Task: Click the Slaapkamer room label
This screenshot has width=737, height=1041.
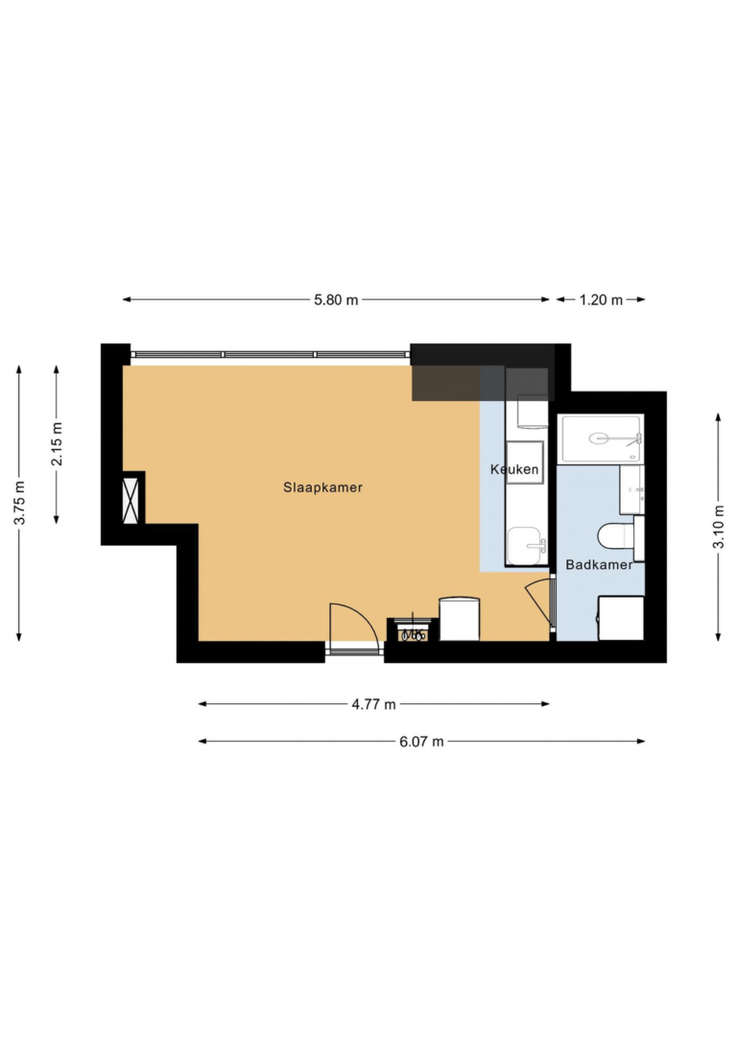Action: point(322,487)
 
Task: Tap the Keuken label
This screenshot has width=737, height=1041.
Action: point(514,469)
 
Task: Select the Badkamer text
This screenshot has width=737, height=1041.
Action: point(599,564)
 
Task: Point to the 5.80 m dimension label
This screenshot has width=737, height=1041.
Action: point(336,300)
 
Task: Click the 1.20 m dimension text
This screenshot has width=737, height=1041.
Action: point(601,300)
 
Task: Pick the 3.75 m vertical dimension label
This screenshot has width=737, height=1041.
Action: point(20,503)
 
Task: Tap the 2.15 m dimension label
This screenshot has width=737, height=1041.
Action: point(58,444)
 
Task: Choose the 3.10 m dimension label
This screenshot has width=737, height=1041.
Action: point(719,527)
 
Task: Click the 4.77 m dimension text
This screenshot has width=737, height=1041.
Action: point(374,704)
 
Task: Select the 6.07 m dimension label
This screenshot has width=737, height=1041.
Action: point(421,742)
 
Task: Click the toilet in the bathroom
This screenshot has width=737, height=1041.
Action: point(615,536)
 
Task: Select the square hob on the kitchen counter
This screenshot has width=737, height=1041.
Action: point(525,461)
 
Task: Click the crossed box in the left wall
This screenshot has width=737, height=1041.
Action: point(131,500)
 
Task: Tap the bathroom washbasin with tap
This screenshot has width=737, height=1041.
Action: point(631,489)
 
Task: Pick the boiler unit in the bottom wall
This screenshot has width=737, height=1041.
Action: point(413,630)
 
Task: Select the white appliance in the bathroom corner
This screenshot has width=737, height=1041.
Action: point(621,618)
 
